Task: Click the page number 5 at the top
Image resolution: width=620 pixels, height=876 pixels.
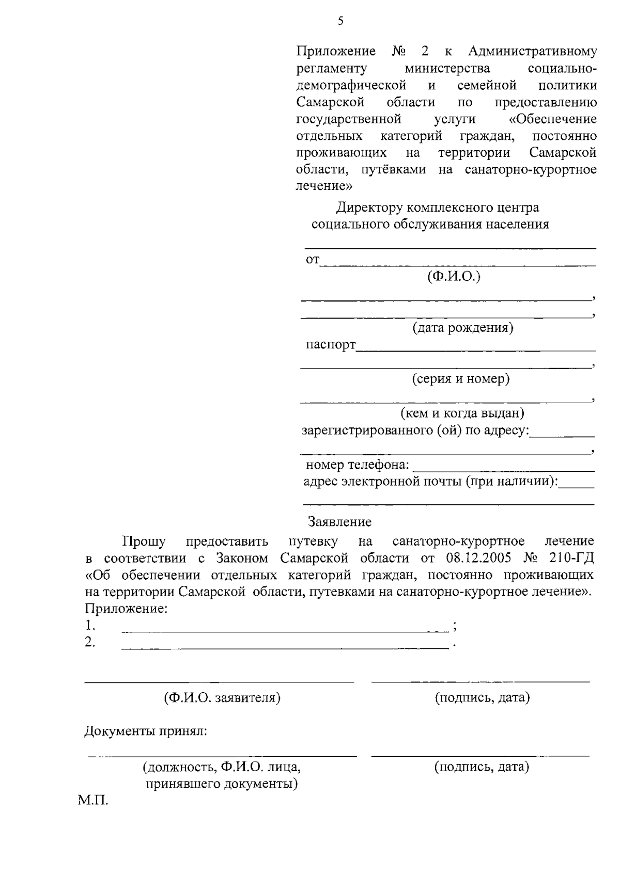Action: [x=340, y=21]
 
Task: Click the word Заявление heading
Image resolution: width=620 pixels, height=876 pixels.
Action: [x=339, y=522]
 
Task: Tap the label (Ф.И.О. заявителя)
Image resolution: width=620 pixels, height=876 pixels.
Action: [x=222, y=698]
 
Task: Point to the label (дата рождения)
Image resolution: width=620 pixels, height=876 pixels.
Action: [x=462, y=328]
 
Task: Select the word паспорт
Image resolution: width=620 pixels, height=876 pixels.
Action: [x=331, y=344]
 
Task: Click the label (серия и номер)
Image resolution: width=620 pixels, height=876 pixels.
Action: [x=460, y=379]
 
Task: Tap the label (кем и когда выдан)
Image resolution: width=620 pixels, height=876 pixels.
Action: [x=463, y=413]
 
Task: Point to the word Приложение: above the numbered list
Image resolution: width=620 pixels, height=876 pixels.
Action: [x=126, y=609]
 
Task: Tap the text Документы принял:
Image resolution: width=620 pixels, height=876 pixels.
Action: [x=146, y=731]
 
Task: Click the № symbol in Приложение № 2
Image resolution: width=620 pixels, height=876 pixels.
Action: [x=399, y=52]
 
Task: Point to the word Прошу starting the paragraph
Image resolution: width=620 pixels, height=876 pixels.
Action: [x=144, y=541]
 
